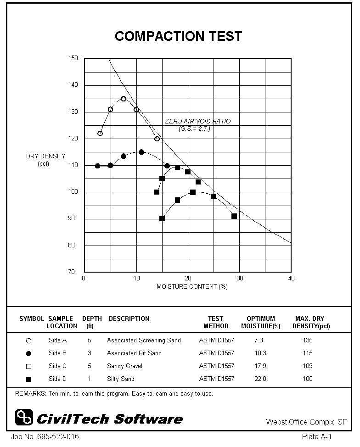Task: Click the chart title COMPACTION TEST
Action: pos(178,37)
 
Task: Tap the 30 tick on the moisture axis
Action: pos(240,279)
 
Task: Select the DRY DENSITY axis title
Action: pos(45,160)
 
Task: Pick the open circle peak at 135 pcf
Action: pos(124,99)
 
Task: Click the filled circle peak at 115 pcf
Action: pos(141,152)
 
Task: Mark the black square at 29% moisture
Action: pos(234,216)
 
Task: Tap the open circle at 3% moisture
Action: pos(100,134)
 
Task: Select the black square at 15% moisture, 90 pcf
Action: pos(162,219)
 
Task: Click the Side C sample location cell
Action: pos(57,366)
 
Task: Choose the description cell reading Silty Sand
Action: pos(120,379)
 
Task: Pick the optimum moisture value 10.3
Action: pos(260,353)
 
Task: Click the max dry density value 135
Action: pos(308,341)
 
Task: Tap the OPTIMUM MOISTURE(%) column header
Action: pos(260,322)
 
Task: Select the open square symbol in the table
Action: pos(29,367)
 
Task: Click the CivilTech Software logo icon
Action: pos(24,417)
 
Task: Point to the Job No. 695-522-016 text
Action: pos(41,436)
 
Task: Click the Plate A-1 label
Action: pos(317,436)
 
